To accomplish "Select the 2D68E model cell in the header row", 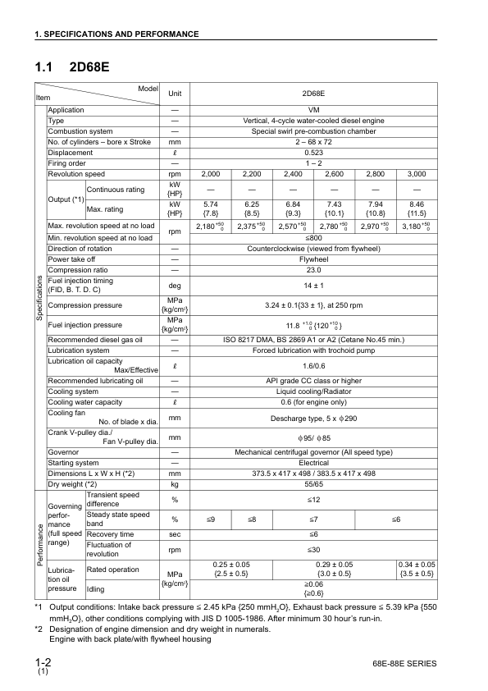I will pyautogui.click(x=313, y=94).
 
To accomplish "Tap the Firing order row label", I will pyautogui.click(x=68, y=163).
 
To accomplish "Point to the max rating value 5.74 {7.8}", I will pyautogui.click(x=211, y=208).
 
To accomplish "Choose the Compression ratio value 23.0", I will pyautogui.click(x=313, y=269).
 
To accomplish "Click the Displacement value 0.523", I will pyautogui.click(x=313, y=153).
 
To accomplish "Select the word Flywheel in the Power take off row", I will pyautogui.click(x=313, y=259).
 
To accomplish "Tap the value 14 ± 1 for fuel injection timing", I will pyautogui.click(x=313, y=285).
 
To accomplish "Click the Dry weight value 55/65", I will pyautogui.click(x=313, y=484).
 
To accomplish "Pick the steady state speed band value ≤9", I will pyautogui.click(x=211, y=519).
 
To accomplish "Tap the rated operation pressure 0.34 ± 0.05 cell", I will pyautogui.click(x=417, y=570).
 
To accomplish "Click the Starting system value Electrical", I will pyautogui.click(x=313, y=463).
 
